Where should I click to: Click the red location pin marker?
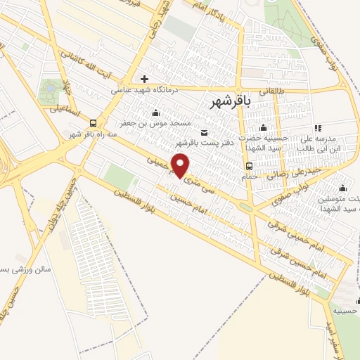181,165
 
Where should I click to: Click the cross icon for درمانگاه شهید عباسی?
144,79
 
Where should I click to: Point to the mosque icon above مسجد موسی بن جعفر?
155,112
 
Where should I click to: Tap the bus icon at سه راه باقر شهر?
94,123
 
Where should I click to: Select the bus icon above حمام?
250,166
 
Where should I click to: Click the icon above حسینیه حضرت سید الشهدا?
264,127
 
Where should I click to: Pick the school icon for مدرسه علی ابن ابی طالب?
318,128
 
